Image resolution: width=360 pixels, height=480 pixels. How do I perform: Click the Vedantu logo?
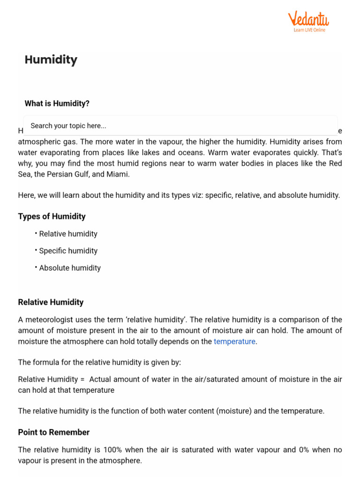(x=308, y=20)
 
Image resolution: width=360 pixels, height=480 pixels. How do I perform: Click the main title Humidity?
(x=51, y=60)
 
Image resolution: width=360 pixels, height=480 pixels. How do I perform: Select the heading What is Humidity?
(x=57, y=104)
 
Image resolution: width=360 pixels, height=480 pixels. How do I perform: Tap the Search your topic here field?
(x=180, y=126)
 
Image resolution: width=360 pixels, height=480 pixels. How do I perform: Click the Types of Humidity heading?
(x=52, y=216)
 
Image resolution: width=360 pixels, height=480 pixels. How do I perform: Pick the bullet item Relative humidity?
(x=68, y=233)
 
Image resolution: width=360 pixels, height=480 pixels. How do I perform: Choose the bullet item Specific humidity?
(x=68, y=251)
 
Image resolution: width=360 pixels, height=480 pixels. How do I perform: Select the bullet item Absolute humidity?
(x=70, y=268)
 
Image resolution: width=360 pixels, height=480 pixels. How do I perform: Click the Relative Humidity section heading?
(x=51, y=302)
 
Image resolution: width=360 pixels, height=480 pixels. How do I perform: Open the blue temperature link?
(x=234, y=341)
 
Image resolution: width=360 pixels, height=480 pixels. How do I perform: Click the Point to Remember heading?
(x=53, y=432)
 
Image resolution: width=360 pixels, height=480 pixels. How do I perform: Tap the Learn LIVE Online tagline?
(x=309, y=30)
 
